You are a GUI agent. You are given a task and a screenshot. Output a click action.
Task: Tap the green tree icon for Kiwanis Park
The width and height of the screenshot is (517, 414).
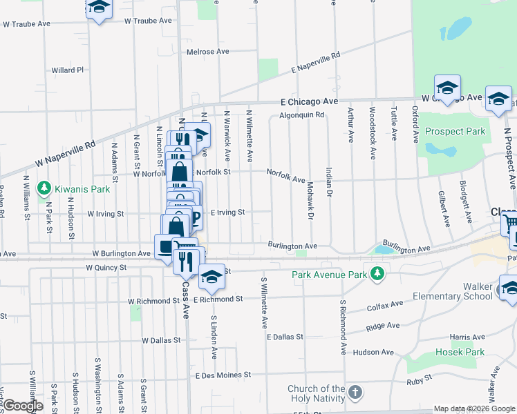click(44, 188)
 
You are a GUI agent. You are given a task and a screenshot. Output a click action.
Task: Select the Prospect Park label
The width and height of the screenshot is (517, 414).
click(455, 131)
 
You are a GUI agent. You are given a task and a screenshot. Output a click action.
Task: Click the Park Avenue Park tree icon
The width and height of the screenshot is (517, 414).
click(377, 275)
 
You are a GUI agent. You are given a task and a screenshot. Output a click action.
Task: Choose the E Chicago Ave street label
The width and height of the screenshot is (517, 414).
click(309, 101)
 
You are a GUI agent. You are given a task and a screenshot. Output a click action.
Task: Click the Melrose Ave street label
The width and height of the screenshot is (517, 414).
click(207, 52)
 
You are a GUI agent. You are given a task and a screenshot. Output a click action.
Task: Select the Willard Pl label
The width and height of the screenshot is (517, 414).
click(67, 70)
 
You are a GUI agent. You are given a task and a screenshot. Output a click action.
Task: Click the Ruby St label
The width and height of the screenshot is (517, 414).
click(420, 378)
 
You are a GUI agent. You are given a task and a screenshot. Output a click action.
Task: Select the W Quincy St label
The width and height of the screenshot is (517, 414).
click(106, 267)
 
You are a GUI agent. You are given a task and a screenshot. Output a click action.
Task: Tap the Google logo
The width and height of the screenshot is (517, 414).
click(23, 406)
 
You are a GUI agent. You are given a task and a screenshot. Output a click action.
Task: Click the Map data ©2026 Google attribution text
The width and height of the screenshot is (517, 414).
click(473, 408)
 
